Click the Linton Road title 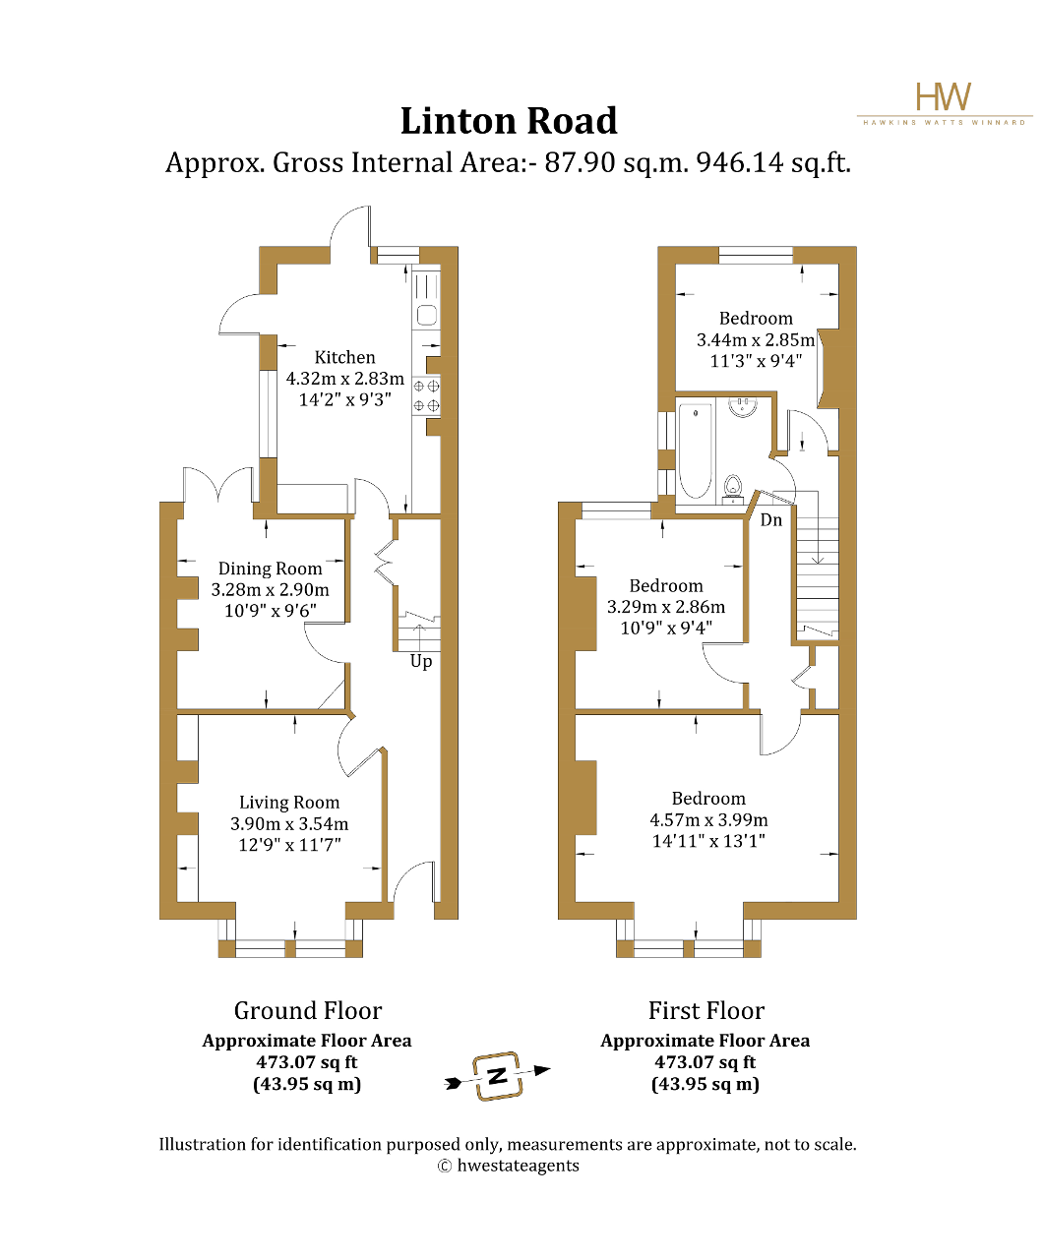509,121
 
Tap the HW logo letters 944,96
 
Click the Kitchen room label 344,357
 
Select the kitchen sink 426,315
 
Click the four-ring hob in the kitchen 426,395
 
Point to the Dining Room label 270,569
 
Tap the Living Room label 289,802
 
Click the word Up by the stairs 421,661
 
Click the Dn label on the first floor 771,519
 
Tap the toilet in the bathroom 732,487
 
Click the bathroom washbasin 743,406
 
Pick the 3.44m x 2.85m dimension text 756,340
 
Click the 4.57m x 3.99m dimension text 708,820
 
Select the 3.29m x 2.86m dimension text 665,607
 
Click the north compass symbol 497,1076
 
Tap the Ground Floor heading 308,1011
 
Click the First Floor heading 706,1011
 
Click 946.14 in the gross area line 740,163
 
